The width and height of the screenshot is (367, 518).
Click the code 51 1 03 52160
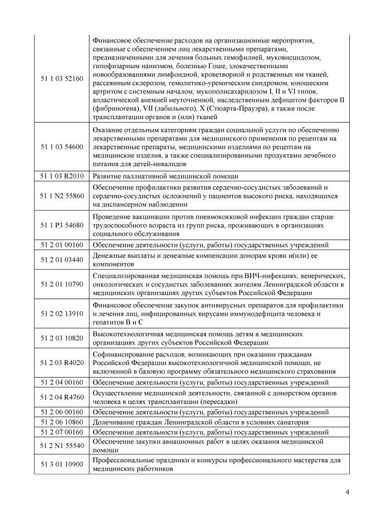tap(62, 77)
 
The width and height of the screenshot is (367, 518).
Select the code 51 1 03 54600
tap(62, 147)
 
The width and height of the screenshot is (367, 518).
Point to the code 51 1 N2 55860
tap(62, 196)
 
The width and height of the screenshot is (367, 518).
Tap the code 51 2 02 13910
tap(62, 313)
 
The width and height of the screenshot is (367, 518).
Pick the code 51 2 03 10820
tap(62, 338)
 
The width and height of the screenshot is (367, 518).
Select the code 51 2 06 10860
tap(62, 422)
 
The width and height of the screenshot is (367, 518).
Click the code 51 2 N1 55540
tap(62, 446)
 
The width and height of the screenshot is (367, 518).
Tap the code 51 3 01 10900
tap(62, 465)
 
